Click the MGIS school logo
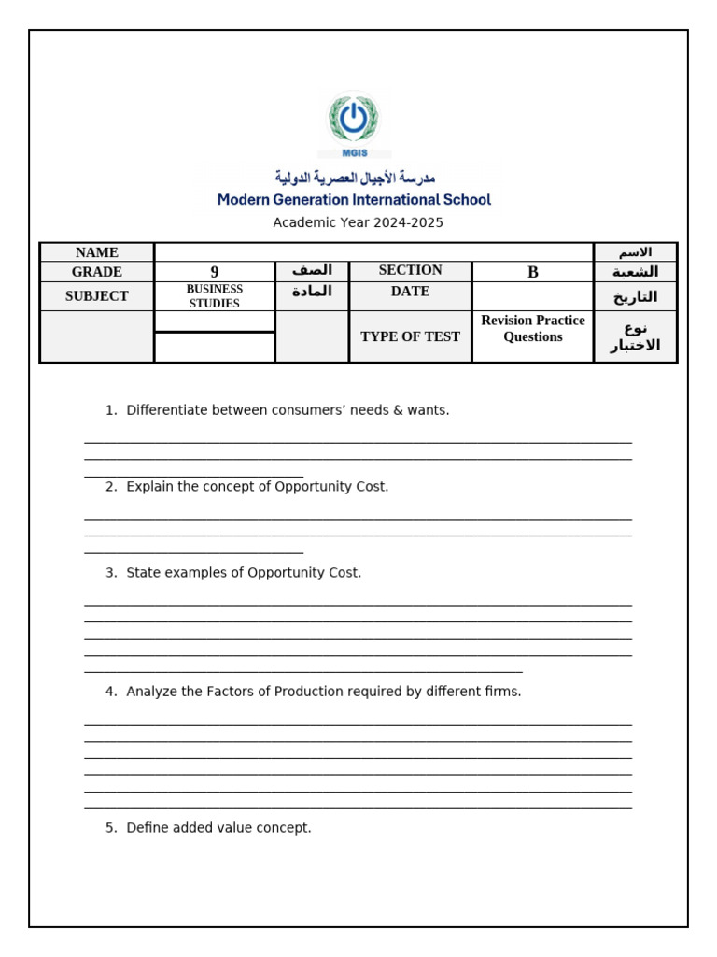[x=354, y=123]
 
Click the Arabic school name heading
[x=355, y=178]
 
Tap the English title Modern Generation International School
[x=354, y=200]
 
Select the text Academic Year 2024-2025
[x=358, y=222]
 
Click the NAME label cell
[x=97, y=252]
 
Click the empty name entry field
[x=373, y=252]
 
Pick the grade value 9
[x=215, y=272]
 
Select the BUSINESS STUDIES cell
[x=215, y=296]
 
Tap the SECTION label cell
[x=410, y=271]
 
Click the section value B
[x=533, y=272]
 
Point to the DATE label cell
[x=410, y=292]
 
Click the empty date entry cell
[x=533, y=296]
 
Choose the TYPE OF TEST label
[x=410, y=336]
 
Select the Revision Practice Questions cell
[x=533, y=329]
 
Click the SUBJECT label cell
[x=97, y=296]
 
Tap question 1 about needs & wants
[x=288, y=410]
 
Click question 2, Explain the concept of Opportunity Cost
[x=257, y=487]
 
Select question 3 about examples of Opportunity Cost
[x=244, y=573]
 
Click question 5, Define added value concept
[x=218, y=828]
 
